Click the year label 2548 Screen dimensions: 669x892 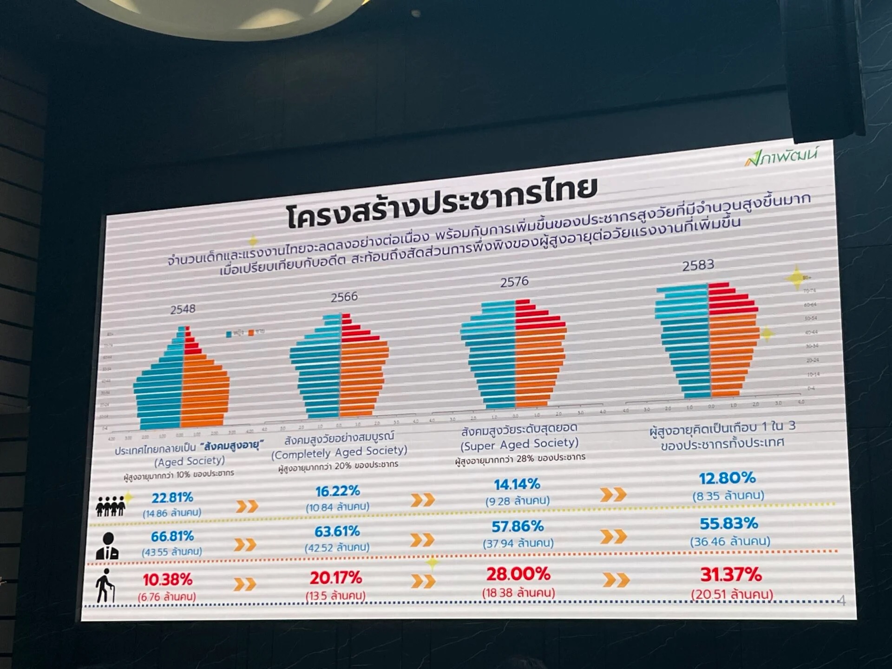pos(183,309)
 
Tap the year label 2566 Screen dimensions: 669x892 pos(344,297)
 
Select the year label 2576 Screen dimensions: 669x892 pos(514,282)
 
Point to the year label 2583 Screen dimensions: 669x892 pos(698,265)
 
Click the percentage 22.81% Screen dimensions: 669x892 pos(172,498)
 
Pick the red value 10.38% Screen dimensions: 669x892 pos(167,579)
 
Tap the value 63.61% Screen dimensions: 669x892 pos(337,531)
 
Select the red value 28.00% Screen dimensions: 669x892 pos(518,574)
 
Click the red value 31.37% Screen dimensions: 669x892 pos(731,575)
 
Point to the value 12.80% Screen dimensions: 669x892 pos(728,478)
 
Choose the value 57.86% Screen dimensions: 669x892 pos(518,526)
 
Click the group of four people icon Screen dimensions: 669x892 pos(110,505)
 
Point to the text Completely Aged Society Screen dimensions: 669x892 pos(339,452)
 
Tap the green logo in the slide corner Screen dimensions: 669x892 pos(780,156)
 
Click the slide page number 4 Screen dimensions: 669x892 pos(842,601)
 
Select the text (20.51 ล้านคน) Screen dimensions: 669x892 pos(732,594)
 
